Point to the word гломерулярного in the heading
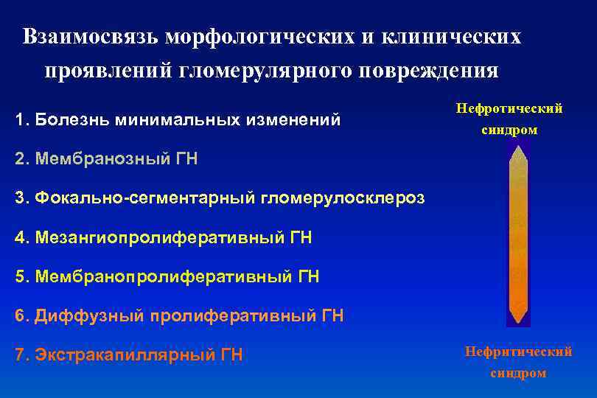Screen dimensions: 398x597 tap(265, 71)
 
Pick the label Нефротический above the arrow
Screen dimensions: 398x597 tap(509, 108)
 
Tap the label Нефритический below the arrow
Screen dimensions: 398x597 tap(518, 352)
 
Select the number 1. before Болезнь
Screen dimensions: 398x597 tap(22, 119)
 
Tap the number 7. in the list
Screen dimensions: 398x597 tap(22, 355)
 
